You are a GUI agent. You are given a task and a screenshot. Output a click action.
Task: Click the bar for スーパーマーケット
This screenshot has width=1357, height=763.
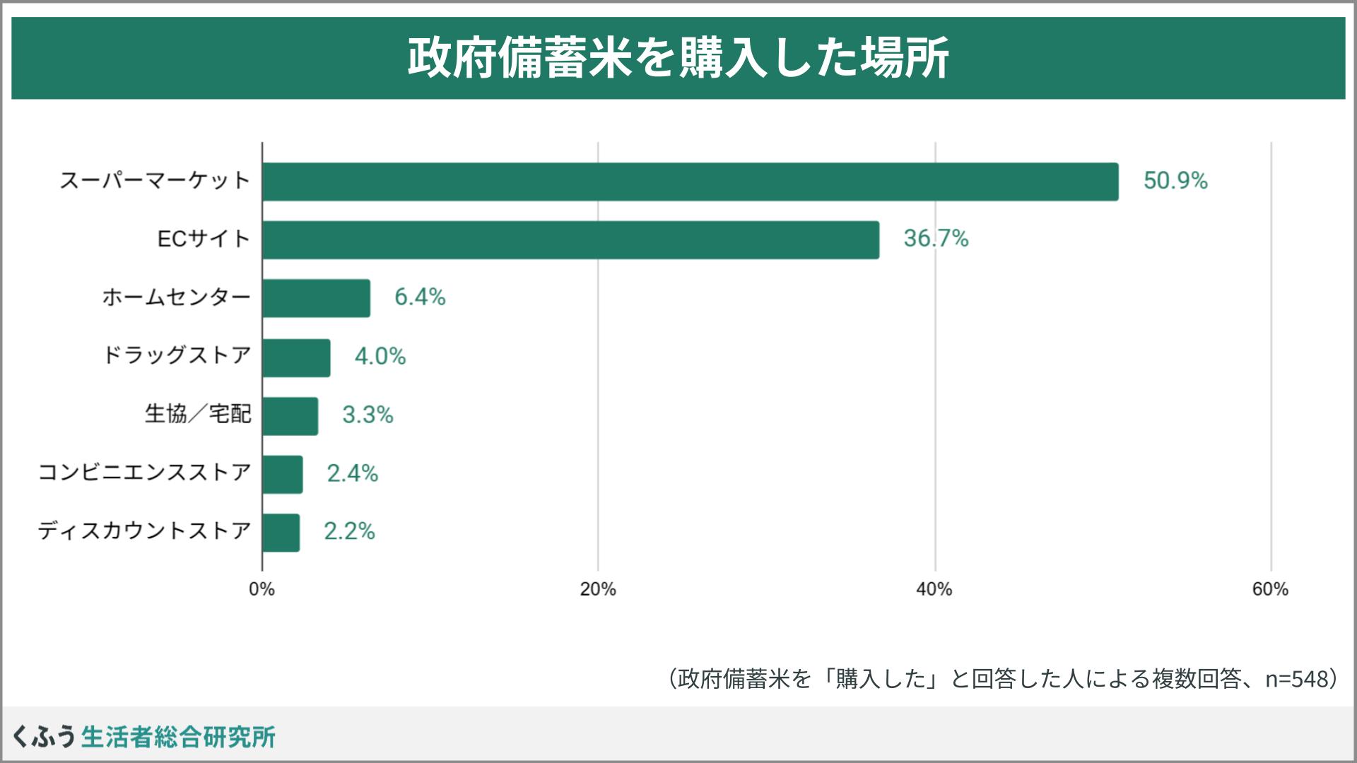point(690,182)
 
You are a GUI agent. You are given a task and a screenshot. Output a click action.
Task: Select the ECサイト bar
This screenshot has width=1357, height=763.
point(570,240)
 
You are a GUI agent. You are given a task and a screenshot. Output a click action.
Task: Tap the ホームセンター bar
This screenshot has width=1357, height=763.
point(316,298)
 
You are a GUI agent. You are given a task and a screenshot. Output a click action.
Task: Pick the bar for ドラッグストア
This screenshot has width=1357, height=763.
point(296,357)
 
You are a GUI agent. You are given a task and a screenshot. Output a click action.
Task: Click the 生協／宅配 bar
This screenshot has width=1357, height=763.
point(290,416)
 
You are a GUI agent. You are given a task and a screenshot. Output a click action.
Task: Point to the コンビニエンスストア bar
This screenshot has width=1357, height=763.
point(282,474)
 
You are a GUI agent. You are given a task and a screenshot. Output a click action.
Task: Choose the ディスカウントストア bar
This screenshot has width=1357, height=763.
point(281,532)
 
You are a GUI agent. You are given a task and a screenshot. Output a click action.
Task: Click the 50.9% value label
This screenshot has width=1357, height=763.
point(1175,181)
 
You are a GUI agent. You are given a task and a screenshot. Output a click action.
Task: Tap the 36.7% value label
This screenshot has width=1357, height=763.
point(936,239)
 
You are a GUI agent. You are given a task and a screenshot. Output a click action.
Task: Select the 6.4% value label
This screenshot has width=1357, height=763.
point(420,297)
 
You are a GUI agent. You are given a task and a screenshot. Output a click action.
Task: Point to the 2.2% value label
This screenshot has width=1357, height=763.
point(349,531)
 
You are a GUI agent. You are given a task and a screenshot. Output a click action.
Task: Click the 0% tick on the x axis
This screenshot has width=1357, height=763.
point(262,589)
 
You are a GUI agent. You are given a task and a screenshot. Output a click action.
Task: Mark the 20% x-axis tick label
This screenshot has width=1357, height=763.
point(598,589)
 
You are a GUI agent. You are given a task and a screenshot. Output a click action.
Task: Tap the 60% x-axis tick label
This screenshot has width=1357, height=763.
point(1270,589)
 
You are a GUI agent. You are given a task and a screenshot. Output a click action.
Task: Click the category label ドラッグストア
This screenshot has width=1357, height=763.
point(177,355)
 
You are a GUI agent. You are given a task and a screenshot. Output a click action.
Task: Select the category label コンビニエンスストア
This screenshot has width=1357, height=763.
point(144,472)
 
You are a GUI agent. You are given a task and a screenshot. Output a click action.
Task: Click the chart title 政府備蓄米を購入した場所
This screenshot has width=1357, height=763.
point(678,58)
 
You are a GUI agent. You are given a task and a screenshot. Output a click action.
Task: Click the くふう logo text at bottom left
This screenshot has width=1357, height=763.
point(44,737)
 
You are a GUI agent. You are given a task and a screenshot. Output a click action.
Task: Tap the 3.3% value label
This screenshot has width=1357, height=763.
point(368,415)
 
